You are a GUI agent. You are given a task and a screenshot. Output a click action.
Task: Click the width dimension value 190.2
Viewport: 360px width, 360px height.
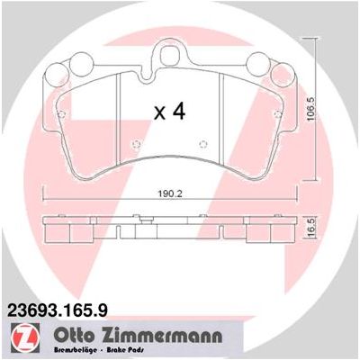click(170, 194)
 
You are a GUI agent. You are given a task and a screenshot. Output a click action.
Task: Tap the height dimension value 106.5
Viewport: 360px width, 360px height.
click(311, 109)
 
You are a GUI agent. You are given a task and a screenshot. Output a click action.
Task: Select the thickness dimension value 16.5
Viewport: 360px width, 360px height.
click(311, 229)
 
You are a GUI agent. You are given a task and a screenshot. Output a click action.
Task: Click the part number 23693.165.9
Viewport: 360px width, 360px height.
click(58, 310)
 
